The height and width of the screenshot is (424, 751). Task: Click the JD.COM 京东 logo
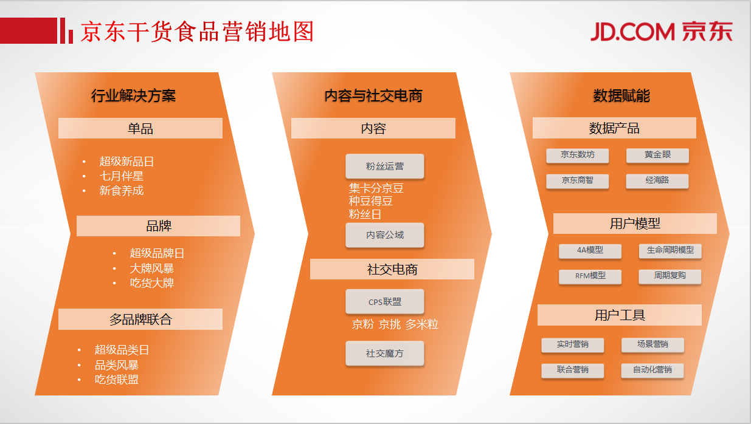tap(661, 32)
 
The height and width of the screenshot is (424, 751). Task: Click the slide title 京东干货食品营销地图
tap(197, 32)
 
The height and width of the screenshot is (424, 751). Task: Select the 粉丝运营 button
tap(384, 166)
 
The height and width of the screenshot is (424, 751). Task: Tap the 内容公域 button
tap(384, 235)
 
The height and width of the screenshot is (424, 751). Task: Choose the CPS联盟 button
tap(384, 302)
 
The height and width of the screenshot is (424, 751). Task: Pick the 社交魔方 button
tap(384, 354)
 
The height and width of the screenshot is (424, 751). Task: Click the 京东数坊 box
tap(577, 156)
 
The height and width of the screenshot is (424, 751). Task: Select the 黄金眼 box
tap(657, 156)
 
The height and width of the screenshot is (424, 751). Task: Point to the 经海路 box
tap(657, 181)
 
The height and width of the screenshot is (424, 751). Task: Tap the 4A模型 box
tap(590, 251)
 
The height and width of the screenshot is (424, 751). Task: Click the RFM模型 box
tap(590, 276)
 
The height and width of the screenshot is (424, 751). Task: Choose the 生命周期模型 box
tap(670, 251)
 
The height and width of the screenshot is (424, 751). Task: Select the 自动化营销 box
tap(652, 371)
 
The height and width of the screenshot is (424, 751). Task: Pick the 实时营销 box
tap(573, 345)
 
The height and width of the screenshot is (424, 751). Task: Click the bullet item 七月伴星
tap(122, 176)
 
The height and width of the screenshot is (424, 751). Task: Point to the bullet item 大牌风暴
tap(152, 268)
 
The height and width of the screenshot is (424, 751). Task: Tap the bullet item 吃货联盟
tap(117, 380)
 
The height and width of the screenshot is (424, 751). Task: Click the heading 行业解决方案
tap(133, 96)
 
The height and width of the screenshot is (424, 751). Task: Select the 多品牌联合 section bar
tap(140, 319)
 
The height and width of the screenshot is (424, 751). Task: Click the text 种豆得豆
tap(371, 201)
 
